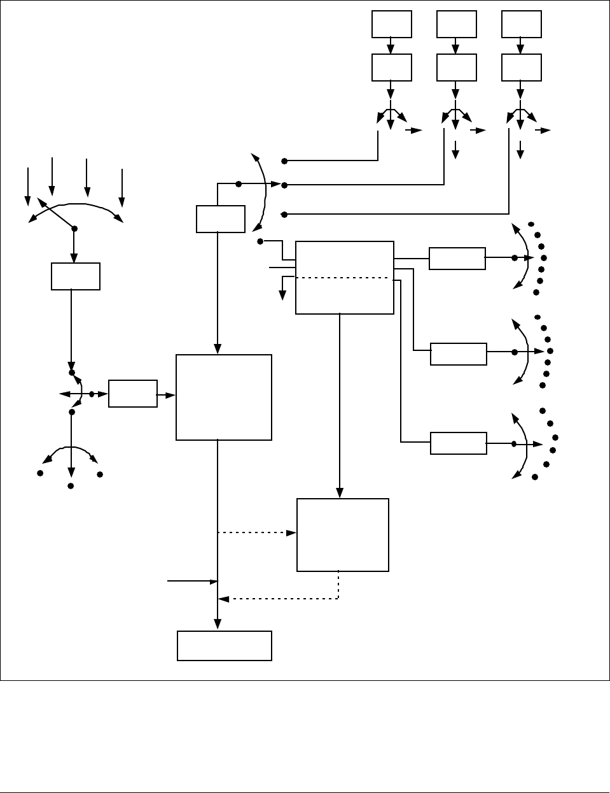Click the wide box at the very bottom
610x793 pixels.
[224, 645]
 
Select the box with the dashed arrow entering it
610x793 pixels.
[342, 534]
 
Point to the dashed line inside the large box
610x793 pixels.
[343, 278]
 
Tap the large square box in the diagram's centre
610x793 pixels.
[223, 397]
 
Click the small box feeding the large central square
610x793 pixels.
[132, 394]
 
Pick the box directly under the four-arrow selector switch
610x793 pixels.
[75, 276]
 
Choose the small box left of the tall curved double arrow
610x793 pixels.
[220, 218]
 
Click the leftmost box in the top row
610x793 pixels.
[391, 24]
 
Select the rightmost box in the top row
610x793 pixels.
[521, 24]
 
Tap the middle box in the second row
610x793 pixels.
[456, 68]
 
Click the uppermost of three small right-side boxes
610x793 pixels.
[457, 259]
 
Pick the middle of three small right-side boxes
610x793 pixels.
[458, 354]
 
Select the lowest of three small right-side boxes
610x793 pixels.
[458, 443]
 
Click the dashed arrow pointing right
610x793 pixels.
[257, 532]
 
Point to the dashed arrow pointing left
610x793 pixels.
[277, 599]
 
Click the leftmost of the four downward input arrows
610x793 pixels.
[27, 186]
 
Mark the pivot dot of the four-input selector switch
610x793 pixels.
[74, 228]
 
